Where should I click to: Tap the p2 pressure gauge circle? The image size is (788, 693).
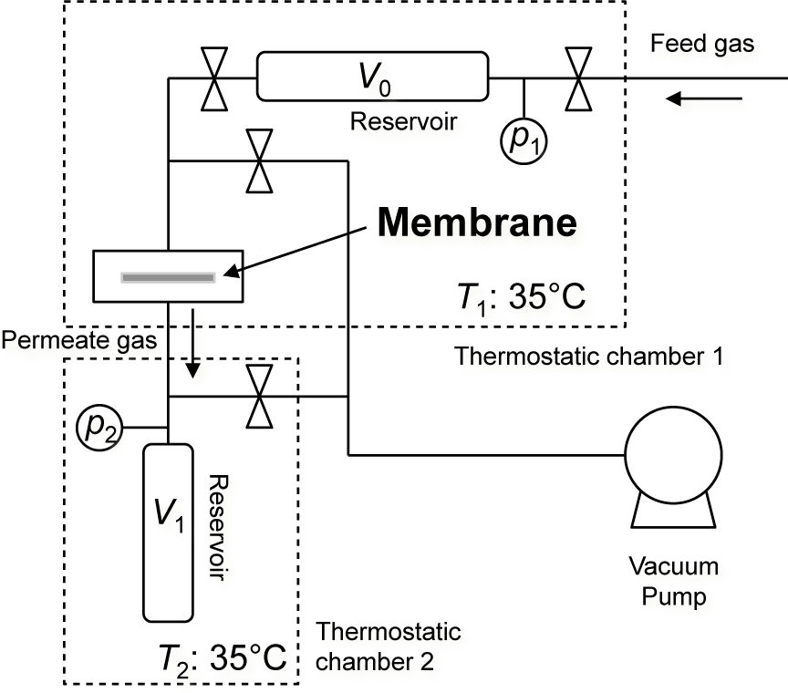(x=101, y=427)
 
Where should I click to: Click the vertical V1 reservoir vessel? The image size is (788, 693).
(x=168, y=531)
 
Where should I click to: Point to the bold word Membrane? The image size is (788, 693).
(x=477, y=222)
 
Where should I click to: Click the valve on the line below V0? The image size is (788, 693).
(x=261, y=160)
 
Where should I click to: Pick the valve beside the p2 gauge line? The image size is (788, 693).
(x=261, y=396)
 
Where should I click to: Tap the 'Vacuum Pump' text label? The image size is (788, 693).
(x=674, y=582)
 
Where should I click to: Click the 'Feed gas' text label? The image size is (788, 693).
(x=703, y=43)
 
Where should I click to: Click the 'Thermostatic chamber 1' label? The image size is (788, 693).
(x=588, y=356)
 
